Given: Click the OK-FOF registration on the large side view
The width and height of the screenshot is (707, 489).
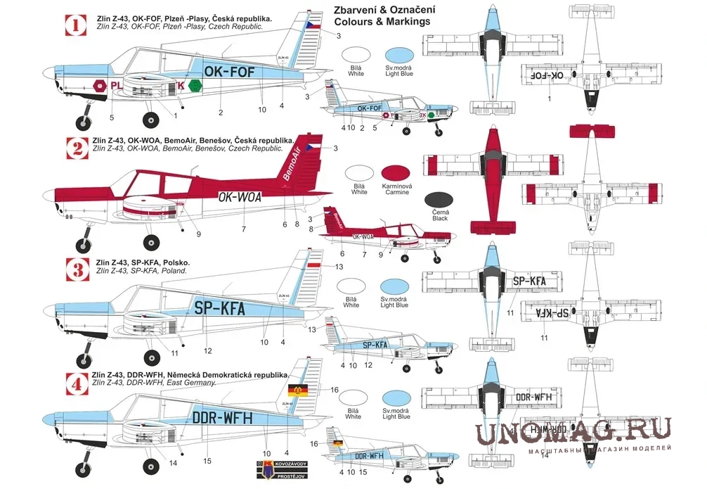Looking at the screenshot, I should point(233,71).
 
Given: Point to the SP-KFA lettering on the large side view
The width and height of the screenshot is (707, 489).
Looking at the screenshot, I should point(219,307).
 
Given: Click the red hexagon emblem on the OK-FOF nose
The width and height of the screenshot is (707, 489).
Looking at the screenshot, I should point(99,85).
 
